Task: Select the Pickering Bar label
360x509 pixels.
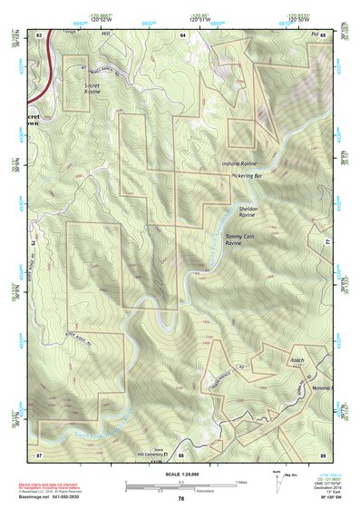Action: [x=247, y=175]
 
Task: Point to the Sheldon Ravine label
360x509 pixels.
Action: [x=248, y=212]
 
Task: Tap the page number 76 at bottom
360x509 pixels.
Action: [x=181, y=498]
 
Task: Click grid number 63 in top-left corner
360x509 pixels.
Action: [x=39, y=34]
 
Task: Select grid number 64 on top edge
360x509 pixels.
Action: [x=181, y=34]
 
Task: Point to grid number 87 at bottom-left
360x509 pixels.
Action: [x=39, y=454]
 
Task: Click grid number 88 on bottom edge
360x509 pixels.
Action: [x=180, y=454]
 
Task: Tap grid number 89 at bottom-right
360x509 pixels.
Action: [x=323, y=454]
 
